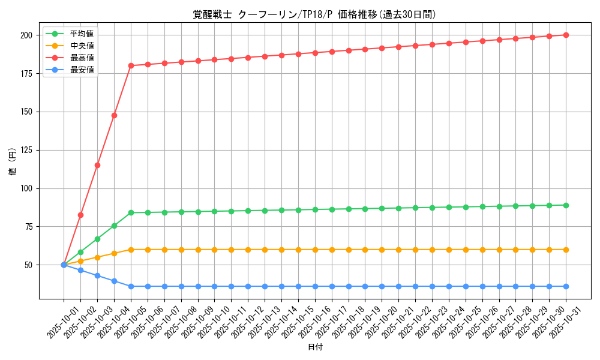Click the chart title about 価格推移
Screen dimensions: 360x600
pyautogui.click(x=314, y=14)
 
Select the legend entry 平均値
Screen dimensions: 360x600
pyautogui.click(x=82, y=34)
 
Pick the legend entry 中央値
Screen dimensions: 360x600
pyautogui.click(x=82, y=46)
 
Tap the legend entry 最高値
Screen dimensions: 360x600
pyautogui.click(x=82, y=58)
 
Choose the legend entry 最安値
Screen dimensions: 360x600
pyautogui.click(x=82, y=70)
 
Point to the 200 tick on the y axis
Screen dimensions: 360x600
pyautogui.click(x=26, y=35)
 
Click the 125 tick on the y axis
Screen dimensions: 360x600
pyautogui.click(x=26, y=150)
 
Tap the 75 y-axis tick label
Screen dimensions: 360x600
pyautogui.click(x=28, y=227)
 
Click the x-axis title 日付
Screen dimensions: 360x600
pyautogui.click(x=315, y=347)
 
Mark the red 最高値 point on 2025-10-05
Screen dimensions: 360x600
pyautogui.click(x=131, y=65)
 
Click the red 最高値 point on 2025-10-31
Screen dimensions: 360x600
pyautogui.click(x=566, y=35)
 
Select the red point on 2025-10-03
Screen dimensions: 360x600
pyautogui.click(x=97, y=165)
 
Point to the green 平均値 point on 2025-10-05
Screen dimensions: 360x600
pyautogui.click(x=131, y=212)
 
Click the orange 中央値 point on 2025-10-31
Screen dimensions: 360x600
pyautogui.click(x=566, y=250)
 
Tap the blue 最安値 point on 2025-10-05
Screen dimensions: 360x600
pyautogui.click(x=131, y=286)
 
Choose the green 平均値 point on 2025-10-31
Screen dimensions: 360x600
pyautogui.click(x=566, y=205)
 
